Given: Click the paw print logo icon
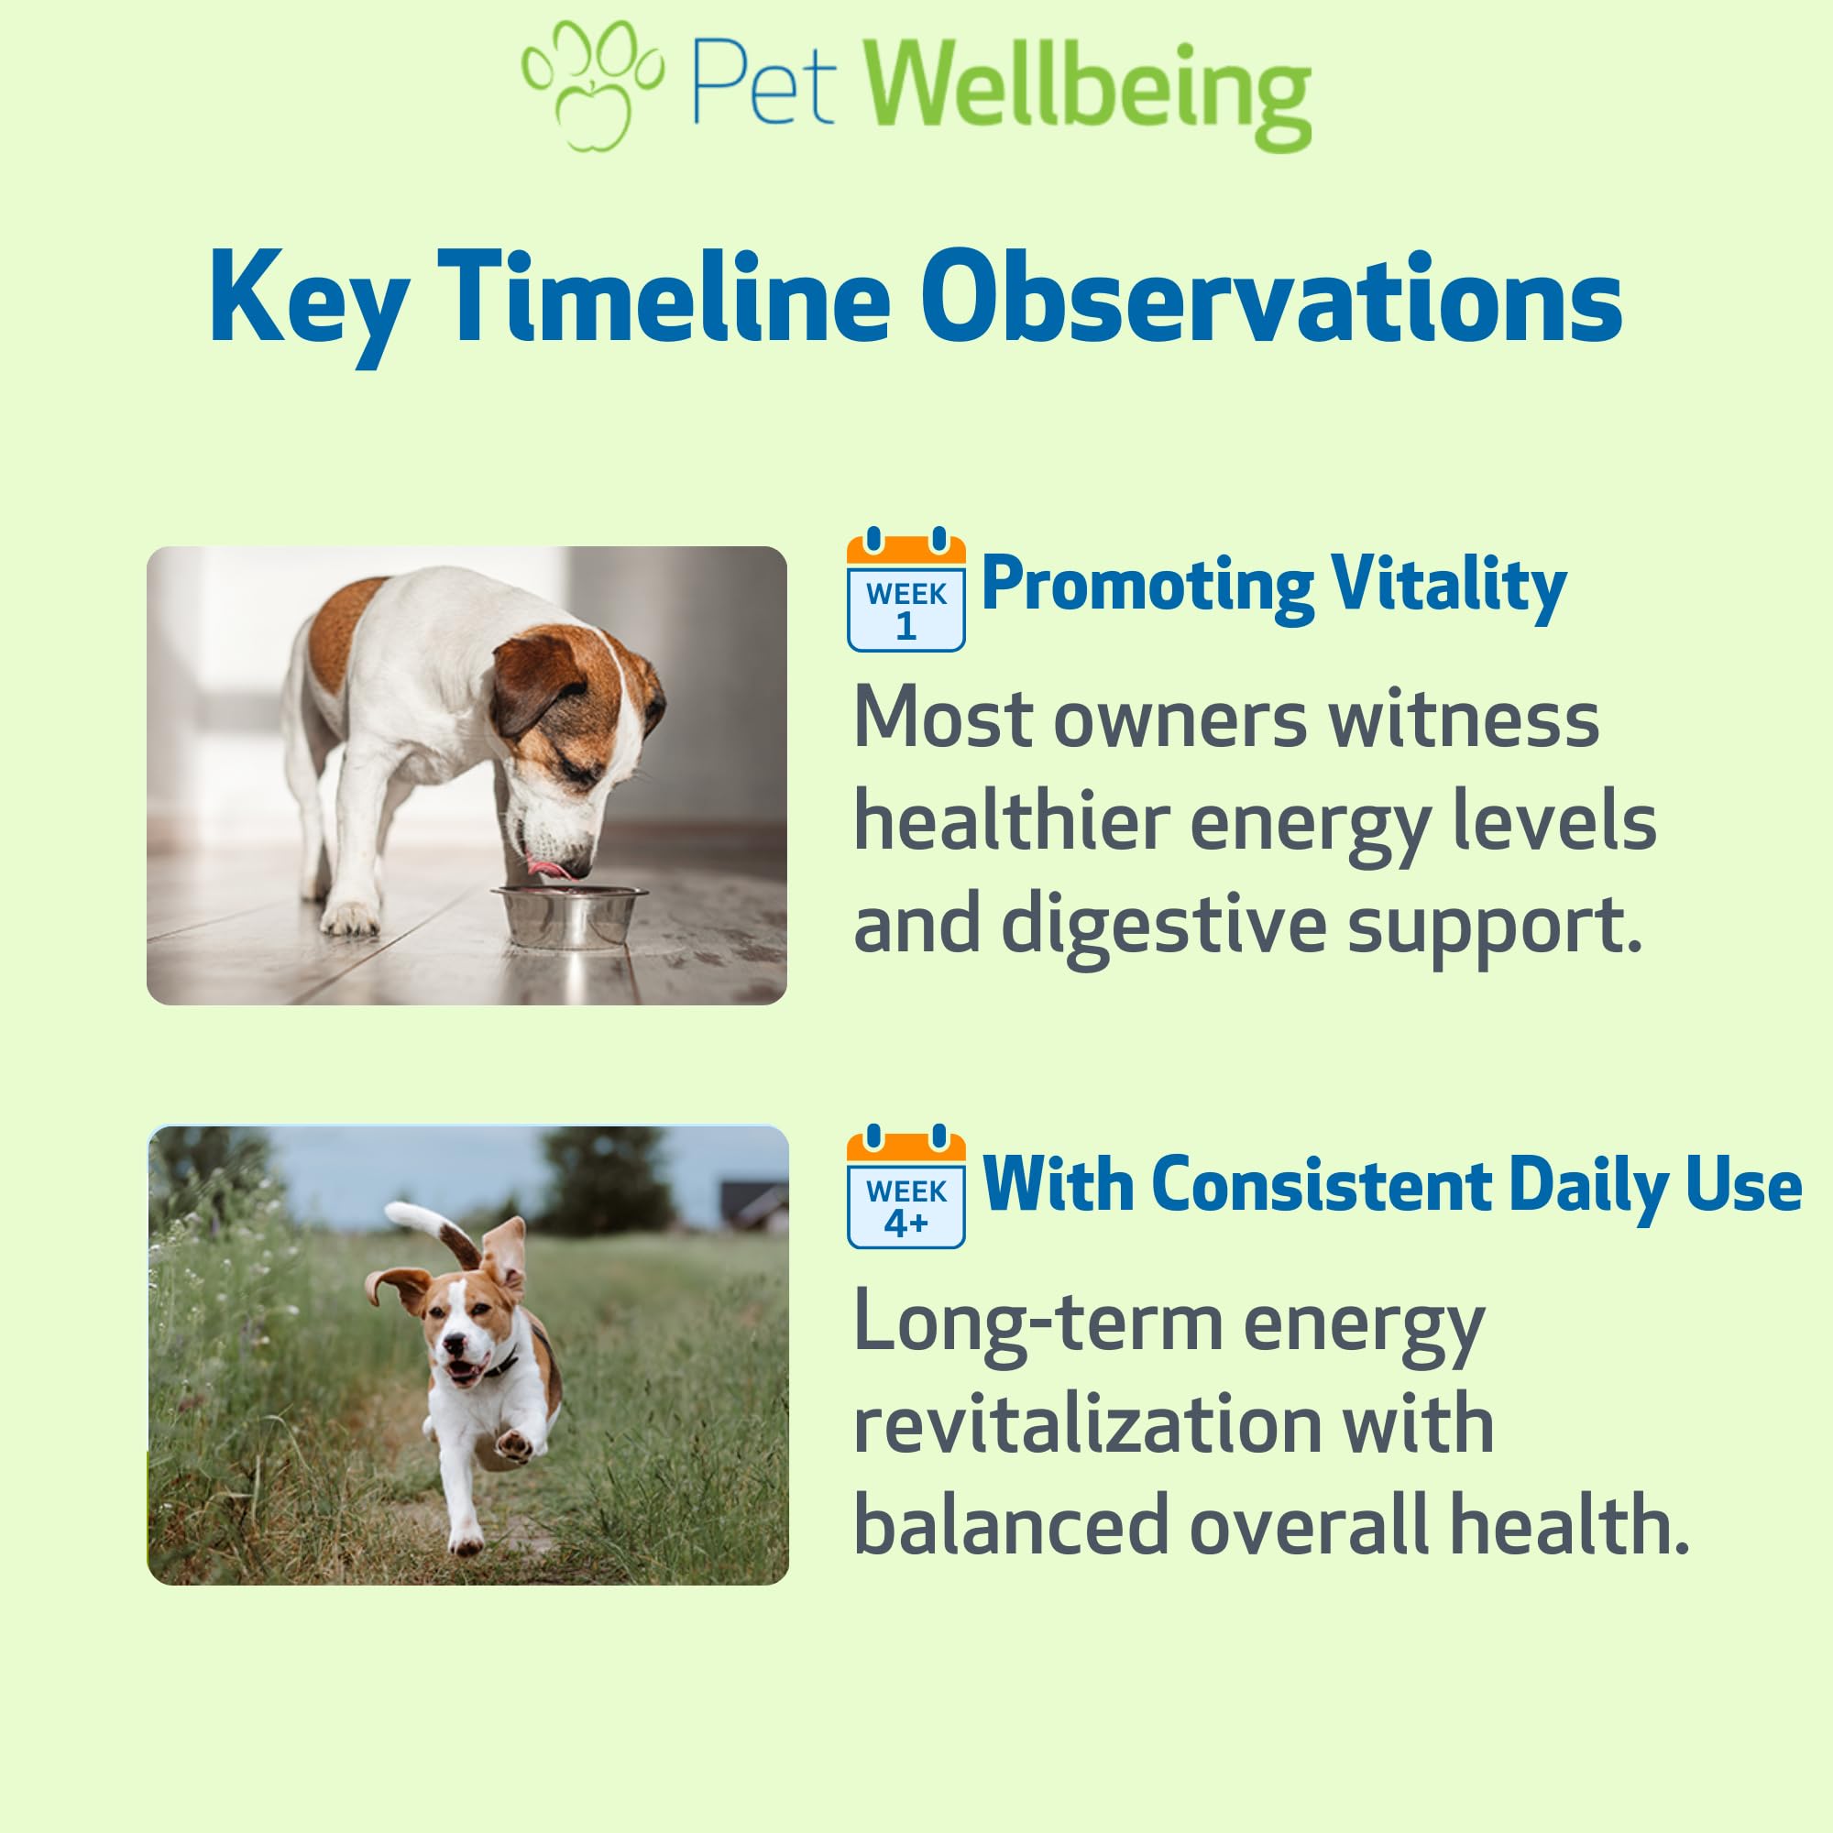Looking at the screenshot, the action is (x=593, y=85).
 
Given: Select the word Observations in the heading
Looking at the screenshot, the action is (x=1272, y=297).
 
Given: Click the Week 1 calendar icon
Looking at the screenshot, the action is (x=906, y=589).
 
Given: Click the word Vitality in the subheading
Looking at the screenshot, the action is (x=1449, y=587).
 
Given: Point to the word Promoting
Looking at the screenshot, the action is (x=1147, y=589).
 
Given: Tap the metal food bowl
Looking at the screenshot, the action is (x=568, y=916).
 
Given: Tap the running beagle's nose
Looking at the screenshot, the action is (x=456, y=1345).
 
